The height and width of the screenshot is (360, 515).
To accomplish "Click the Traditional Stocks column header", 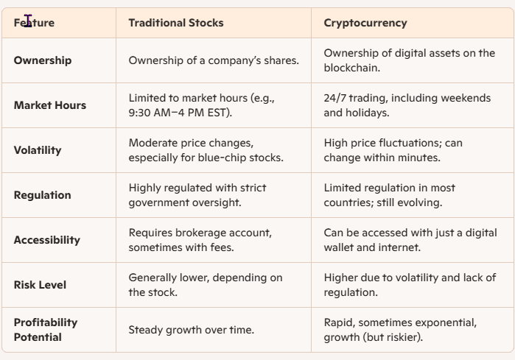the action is pyautogui.click(x=175, y=23).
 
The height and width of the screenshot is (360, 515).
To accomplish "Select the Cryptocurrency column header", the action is pyautogui.click(x=365, y=23).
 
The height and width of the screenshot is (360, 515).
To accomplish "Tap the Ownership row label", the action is pyautogui.click(x=43, y=60).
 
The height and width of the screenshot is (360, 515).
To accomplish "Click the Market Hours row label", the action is pyautogui.click(x=50, y=105).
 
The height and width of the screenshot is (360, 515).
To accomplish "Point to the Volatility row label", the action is pyautogui.click(x=38, y=150).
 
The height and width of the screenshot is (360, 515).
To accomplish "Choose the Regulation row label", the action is pyautogui.click(x=43, y=195).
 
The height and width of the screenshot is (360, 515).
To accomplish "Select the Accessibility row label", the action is pyautogui.click(x=47, y=240).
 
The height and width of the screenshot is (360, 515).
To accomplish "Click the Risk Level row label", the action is pyautogui.click(x=40, y=285).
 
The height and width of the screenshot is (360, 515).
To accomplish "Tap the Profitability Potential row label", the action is pyautogui.click(x=46, y=330).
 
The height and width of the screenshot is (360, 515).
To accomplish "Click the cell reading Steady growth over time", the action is pyautogui.click(x=191, y=330).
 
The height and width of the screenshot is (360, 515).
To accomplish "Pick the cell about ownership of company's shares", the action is pyautogui.click(x=214, y=60).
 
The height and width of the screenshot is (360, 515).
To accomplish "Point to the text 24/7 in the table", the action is pyautogui.click(x=334, y=98).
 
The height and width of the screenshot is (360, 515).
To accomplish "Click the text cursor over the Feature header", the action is pyautogui.click(x=28, y=21).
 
